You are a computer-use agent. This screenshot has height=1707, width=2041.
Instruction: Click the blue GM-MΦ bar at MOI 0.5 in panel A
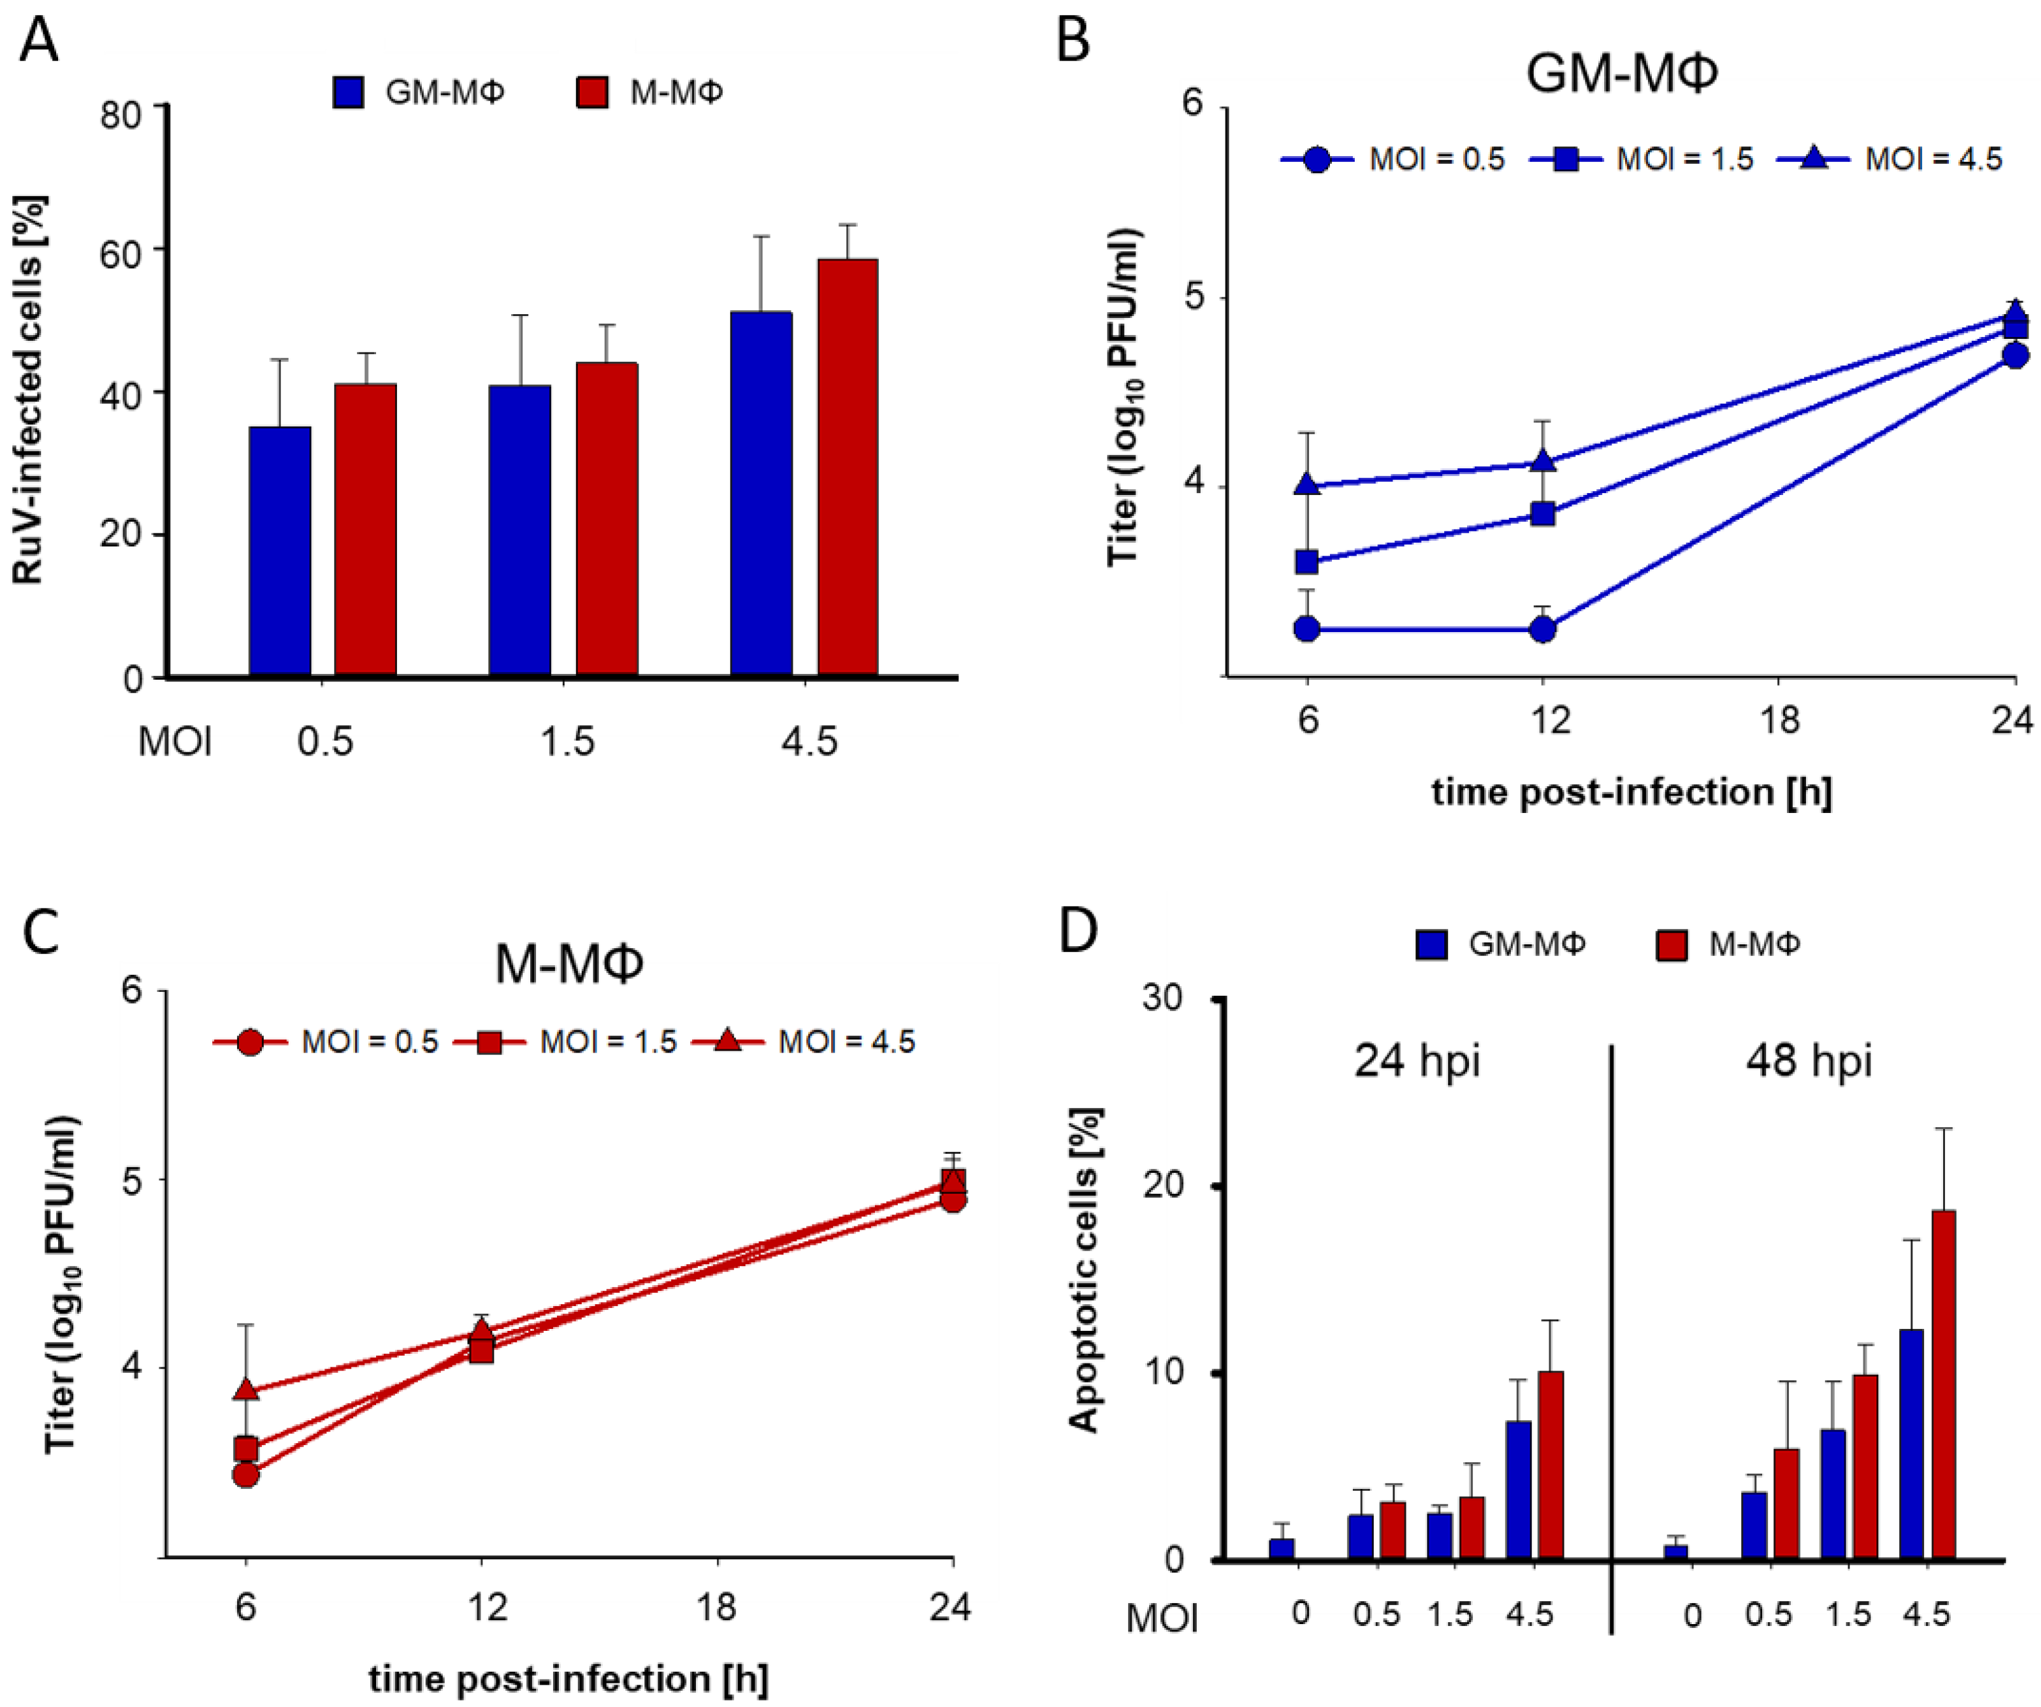280,551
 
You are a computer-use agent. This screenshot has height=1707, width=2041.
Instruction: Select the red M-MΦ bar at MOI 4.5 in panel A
847,468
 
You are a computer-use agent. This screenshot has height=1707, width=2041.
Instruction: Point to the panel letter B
1073,41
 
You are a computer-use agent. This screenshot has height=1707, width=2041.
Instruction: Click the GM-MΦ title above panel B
1621,73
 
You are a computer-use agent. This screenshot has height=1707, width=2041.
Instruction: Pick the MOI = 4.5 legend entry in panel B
1890,159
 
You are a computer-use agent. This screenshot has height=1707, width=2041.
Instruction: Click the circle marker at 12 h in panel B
1542,630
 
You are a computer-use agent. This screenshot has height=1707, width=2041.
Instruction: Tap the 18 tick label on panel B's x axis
1780,720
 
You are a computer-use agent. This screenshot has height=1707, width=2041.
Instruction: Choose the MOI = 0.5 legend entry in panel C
326,1042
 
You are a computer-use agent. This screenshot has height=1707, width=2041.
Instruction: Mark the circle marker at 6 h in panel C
246,1475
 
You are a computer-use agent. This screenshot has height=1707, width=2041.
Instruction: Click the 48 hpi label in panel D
1808,1061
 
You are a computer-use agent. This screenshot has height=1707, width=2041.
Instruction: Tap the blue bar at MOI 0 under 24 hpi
1281,1548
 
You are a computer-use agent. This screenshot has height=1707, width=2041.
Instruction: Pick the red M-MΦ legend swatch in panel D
1671,944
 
